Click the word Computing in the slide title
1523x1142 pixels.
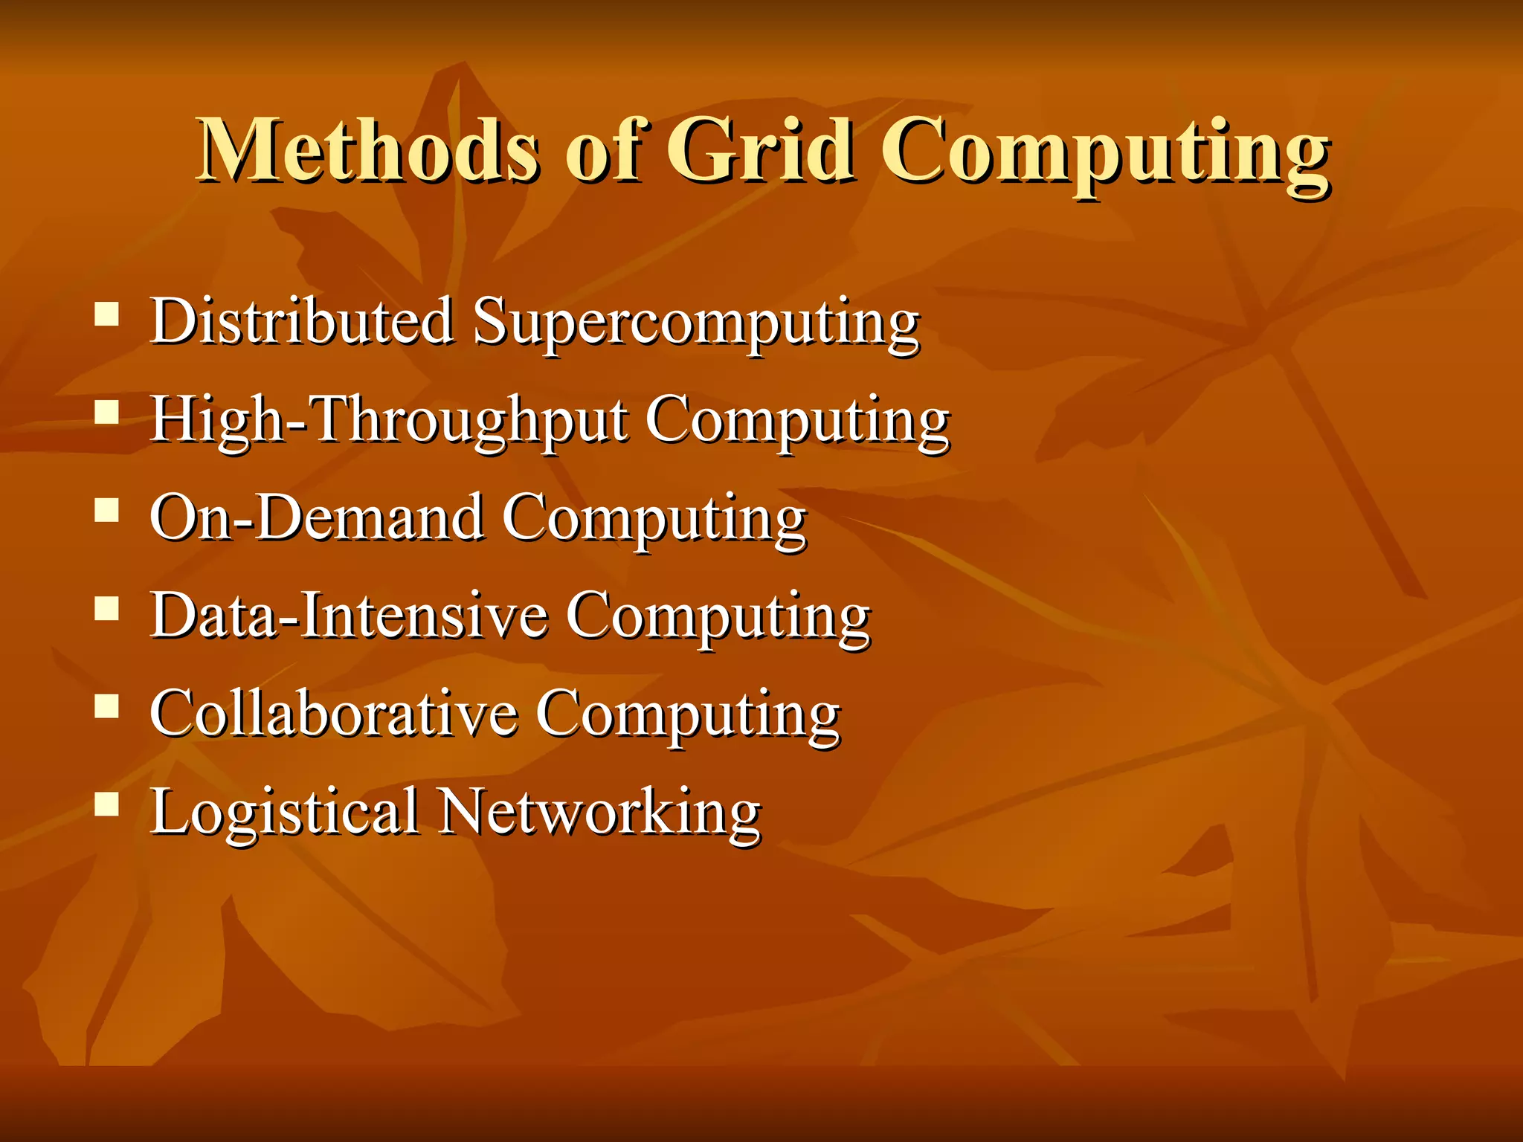[x=1104, y=156]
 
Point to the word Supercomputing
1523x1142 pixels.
[x=696, y=325]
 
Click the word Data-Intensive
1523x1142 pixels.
[x=349, y=616]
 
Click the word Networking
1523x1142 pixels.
[x=599, y=812]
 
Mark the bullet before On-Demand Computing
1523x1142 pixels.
[x=107, y=510]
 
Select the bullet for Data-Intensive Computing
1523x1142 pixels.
[x=107, y=608]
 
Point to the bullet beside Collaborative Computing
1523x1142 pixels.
[x=107, y=706]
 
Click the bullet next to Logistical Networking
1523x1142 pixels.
[x=107, y=804]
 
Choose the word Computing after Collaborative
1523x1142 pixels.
[x=688, y=717]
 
